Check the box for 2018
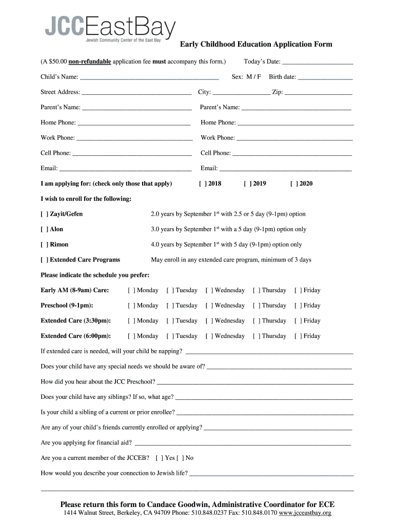[202, 184]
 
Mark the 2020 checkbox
[293, 184]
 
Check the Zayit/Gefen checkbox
[44, 214]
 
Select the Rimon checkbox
[44, 245]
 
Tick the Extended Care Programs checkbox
[44, 260]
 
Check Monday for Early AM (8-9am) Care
[131, 290]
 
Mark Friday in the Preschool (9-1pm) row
[298, 306]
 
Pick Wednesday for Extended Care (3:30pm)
[209, 321]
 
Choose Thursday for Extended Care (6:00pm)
[256, 336]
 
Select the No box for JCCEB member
[180, 458]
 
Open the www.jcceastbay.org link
[305, 513]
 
